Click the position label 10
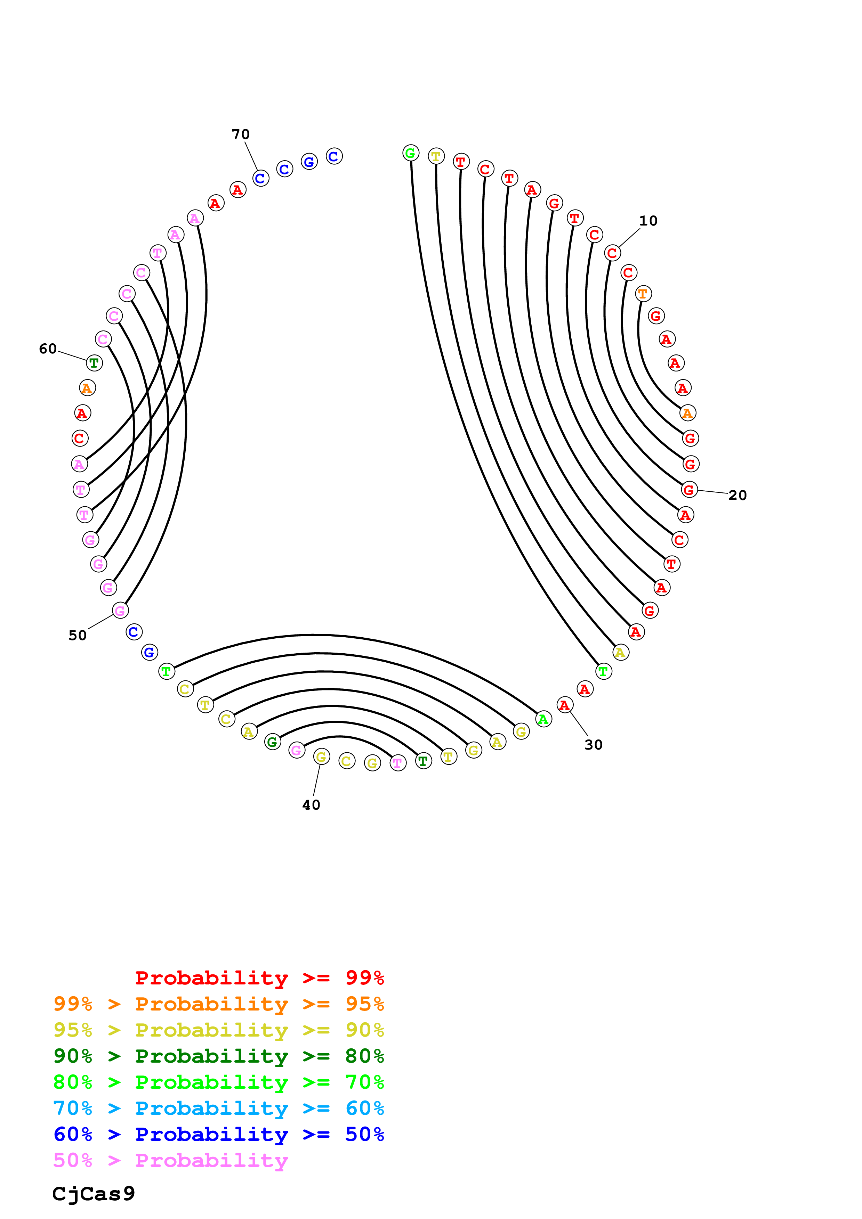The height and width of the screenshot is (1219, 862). pos(648,221)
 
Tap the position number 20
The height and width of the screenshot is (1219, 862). pos(737,496)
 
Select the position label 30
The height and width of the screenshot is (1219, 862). pos(593,745)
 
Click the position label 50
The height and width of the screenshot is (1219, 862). pos(78,636)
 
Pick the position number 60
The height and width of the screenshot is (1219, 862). pos(48,349)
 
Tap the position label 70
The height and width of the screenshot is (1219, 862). pos(241,134)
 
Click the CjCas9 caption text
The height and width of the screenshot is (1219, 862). pos(94,1194)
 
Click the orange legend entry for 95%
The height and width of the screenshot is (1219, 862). pos(218,1004)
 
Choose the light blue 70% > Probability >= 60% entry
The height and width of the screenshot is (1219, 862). pos(218,1108)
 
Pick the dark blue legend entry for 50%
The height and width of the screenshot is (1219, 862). pos(218,1134)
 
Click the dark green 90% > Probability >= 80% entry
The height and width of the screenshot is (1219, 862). pos(218,1056)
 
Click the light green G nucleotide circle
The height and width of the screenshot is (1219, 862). pos(411,154)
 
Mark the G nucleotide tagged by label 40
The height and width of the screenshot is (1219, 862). pos(321,756)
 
